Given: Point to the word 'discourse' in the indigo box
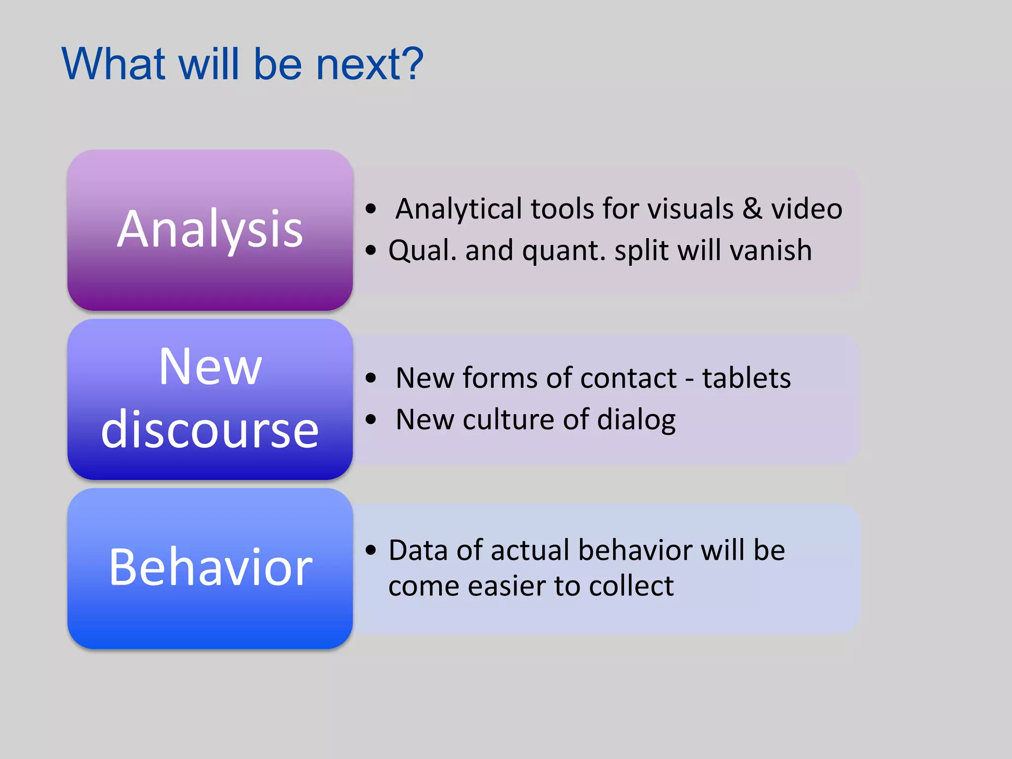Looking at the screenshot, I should tap(210, 430).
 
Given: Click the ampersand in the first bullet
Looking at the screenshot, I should tap(752, 209).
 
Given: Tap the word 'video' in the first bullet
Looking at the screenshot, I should tap(806, 209).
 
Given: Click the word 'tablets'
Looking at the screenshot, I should tap(746, 378).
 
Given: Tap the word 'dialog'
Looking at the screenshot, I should tap(636, 420).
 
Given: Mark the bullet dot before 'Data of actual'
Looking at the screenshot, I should tap(371, 550).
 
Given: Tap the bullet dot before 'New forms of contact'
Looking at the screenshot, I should tap(371, 379).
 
